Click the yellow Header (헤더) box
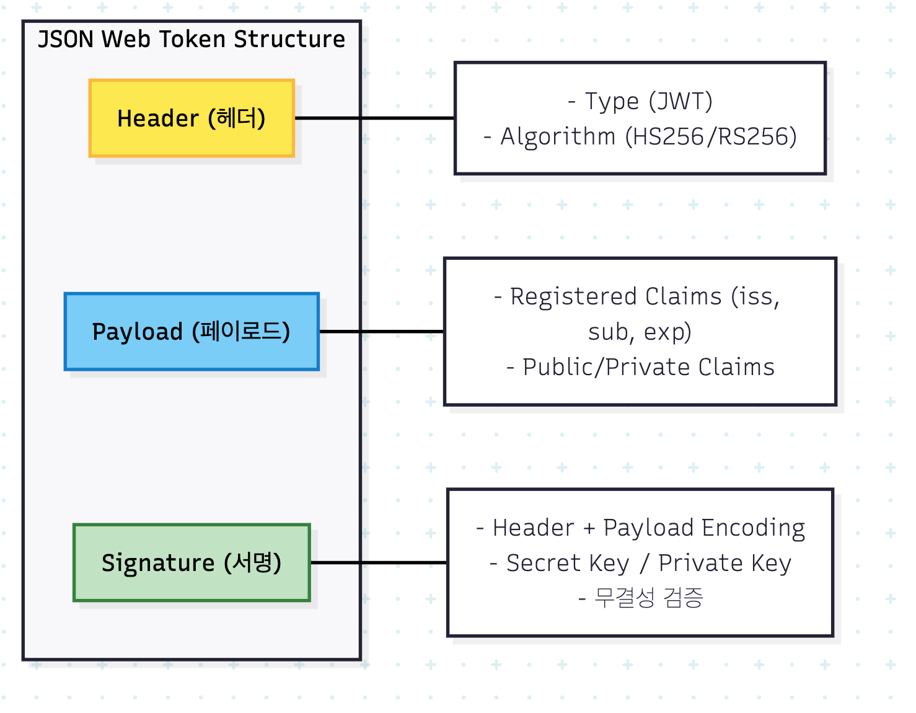192,118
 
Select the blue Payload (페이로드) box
192,332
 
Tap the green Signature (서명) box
192,562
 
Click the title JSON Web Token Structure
192,39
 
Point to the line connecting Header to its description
374,118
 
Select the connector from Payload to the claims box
382,332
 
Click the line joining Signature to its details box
379,562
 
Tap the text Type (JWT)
648,101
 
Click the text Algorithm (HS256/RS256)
648,136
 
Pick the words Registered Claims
616,296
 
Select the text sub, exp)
640,332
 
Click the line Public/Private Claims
648,367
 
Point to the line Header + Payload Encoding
649,528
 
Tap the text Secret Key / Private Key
649,563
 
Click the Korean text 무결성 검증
648,598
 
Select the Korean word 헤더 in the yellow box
237,118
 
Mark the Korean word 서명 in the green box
252,562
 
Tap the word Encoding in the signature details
753,528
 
